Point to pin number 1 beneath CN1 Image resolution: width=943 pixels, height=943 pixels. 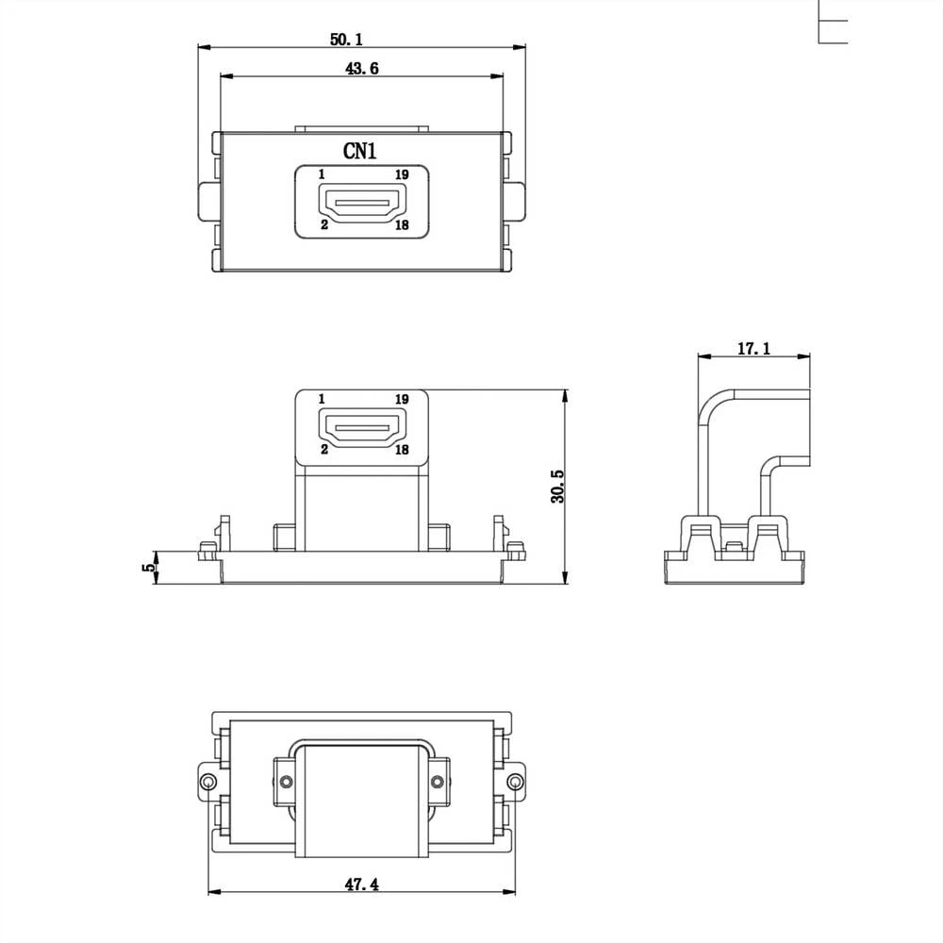[322, 174]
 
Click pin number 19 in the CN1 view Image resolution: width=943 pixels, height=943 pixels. [402, 174]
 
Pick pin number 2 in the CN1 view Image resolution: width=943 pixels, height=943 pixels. [323, 225]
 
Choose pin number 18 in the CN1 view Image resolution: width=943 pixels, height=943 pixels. [402, 225]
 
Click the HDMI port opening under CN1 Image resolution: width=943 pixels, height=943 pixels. [361, 202]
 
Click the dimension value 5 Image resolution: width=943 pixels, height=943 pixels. [146, 568]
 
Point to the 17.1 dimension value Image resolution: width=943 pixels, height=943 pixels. [753, 349]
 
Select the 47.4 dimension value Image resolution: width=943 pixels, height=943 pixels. [361, 885]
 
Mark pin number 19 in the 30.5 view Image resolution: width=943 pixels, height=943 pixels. [402, 400]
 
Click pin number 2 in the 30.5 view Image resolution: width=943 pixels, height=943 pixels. [323, 450]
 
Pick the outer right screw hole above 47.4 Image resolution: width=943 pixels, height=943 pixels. [514, 782]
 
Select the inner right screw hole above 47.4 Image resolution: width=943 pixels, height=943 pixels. [436, 781]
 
